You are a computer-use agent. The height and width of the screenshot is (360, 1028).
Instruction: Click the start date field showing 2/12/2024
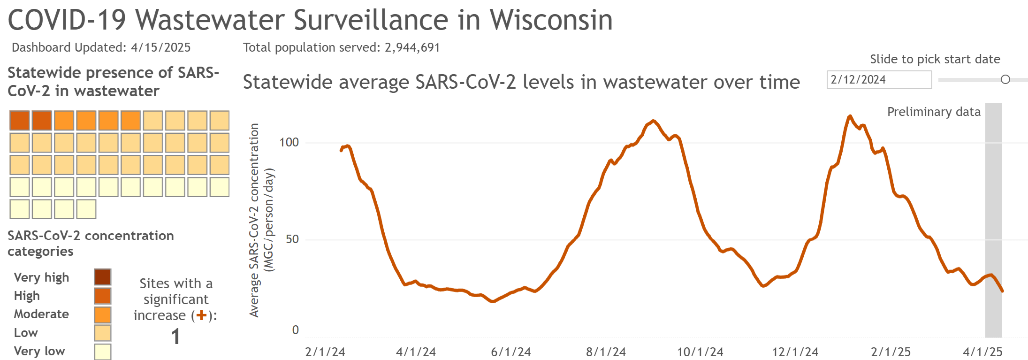coord(878,80)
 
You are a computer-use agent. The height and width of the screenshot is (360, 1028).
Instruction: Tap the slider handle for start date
coord(1005,80)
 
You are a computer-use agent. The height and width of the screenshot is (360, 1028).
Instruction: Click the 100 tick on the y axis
coord(289,142)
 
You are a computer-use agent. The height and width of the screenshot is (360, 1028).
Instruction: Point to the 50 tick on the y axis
coord(292,239)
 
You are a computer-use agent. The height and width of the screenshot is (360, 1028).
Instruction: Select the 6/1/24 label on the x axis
coord(511,352)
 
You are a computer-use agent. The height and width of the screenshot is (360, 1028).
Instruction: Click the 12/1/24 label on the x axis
coord(795,352)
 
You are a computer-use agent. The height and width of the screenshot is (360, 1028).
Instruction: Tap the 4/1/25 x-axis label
coord(982,352)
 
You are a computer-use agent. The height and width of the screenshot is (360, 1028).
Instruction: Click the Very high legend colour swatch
coord(102,277)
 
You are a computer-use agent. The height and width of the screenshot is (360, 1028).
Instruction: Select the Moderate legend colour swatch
coord(102,314)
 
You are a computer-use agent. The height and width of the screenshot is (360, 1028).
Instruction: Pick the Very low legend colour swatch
coord(102,352)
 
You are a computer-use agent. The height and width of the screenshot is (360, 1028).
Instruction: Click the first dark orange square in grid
coord(20,121)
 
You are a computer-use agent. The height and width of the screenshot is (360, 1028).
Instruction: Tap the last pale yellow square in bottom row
coord(86,209)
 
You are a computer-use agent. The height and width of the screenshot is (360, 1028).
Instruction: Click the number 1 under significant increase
coord(175,337)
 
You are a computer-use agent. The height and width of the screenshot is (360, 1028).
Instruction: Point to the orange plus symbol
coord(201,315)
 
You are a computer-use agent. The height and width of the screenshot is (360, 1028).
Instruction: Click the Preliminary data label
coord(933,112)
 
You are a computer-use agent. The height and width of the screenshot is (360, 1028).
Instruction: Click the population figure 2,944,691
coord(412,47)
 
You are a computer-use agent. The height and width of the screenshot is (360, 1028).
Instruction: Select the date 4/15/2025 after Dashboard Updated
coord(160,47)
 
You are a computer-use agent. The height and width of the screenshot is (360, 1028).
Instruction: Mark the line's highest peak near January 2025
coord(850,116)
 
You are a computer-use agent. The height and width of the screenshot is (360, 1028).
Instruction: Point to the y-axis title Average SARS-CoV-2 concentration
coord(254,220)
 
